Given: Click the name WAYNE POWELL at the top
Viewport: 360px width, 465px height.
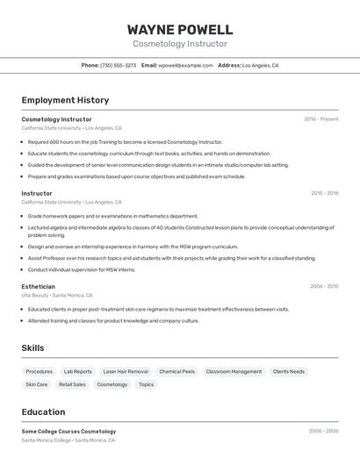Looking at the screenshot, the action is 180,29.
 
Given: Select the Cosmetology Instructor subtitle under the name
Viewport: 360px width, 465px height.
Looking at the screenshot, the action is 180,44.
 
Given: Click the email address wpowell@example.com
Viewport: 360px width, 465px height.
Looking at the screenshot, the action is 185,65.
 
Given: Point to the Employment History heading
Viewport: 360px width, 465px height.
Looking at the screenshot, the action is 65,100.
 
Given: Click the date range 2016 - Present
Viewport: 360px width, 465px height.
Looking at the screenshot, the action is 321,118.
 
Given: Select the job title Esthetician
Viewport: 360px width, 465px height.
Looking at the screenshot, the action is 38,286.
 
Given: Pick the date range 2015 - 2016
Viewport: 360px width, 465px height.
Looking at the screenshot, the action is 324,193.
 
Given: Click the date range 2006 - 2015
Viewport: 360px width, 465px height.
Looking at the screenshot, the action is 324,286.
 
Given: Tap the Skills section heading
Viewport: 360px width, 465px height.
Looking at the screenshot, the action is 33,348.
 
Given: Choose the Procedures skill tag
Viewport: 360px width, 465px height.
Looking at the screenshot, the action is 39,371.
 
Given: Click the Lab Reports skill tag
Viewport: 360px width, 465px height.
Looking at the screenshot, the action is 77,371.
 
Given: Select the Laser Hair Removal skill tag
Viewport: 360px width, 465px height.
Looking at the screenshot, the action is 126,371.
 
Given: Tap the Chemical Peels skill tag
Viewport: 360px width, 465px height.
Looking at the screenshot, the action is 176,371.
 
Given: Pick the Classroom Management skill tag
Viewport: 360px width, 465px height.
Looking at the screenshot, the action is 234,371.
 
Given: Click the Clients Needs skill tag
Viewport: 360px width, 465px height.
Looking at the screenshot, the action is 289,371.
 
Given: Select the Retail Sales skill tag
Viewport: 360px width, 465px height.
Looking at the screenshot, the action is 72,384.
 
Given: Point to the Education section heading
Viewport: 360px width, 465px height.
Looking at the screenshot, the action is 43,411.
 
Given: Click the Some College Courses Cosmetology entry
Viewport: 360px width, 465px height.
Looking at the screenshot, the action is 68,431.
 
